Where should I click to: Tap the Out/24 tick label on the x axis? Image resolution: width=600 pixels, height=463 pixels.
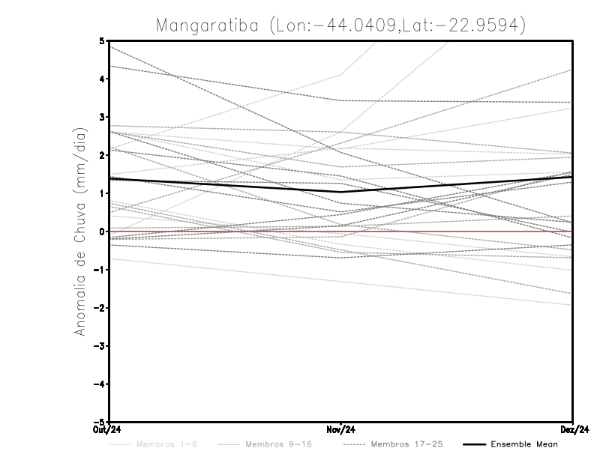point(108,429)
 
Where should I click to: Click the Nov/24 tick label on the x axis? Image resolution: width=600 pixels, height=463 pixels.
point(341,429)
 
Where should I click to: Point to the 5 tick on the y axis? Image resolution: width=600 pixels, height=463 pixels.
point(102,40)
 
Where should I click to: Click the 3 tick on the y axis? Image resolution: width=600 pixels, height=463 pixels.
point(102,117)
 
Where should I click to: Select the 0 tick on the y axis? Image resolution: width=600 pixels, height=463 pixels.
point(102,231)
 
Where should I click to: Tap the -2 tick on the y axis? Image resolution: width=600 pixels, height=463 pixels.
point(99,308)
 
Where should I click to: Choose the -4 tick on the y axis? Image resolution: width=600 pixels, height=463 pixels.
point(99,384)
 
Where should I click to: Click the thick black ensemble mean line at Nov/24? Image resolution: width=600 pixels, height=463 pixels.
point(341,192)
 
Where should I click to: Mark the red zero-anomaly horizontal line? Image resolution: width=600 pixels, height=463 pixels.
point(450,231)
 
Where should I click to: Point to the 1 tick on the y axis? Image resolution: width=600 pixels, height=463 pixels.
point(102,193)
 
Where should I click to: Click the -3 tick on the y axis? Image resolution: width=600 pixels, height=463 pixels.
point(99,346)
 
